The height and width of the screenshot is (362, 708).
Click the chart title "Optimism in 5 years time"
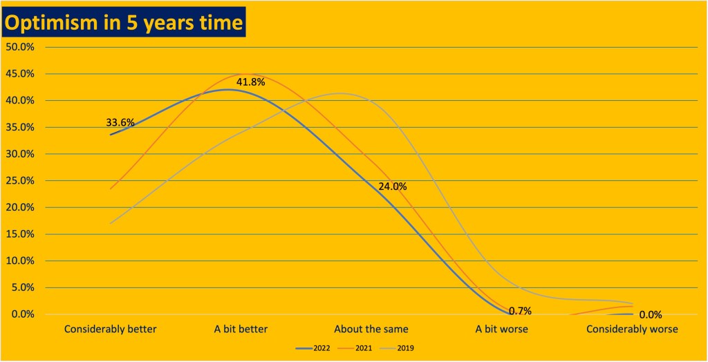pos(124,22)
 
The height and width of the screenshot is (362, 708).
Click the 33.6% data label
pos(120,122)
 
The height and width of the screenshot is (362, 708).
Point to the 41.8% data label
pos(251,83)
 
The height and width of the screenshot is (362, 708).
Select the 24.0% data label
pos(393,187)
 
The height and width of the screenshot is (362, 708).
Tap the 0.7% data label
pos(520,311)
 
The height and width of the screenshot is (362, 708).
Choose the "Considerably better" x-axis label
pos(111,329)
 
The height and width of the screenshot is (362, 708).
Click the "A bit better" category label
pos(241,329)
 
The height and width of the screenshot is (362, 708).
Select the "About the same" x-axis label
pos(371,329)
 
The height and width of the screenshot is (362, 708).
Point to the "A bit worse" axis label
pos(502,329)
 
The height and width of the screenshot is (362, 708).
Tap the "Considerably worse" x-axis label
pos(632,329)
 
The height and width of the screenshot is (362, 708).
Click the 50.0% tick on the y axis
pos(21,47)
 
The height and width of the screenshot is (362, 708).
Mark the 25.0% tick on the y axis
pos(21,181)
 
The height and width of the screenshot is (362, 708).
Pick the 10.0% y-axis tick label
pos(21,261)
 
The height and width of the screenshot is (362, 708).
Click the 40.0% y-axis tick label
pos(21,101)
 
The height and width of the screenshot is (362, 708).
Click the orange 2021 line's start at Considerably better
pos(111,189)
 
